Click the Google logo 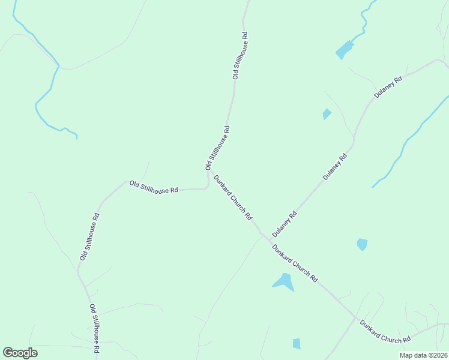(x=20, y=353)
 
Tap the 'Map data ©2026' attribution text (x=423, y=355)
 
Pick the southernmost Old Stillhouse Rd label (x=95, y=328)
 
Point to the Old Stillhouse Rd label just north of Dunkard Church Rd (x=218, y=148)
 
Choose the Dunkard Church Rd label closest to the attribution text (x=385, y=332)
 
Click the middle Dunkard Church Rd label (x=294, y=264)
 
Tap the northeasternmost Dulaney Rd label (x=387, y=86)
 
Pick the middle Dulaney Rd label (x=335, y=167)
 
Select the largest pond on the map (x=283, y=281)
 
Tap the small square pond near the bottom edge (x=297, y=343)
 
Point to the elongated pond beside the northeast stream (x=345, y=50)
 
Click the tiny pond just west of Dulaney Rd (x=327, y=113)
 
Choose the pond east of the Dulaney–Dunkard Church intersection (x=362, y=244)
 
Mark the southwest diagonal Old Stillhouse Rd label (x=89, y=236)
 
